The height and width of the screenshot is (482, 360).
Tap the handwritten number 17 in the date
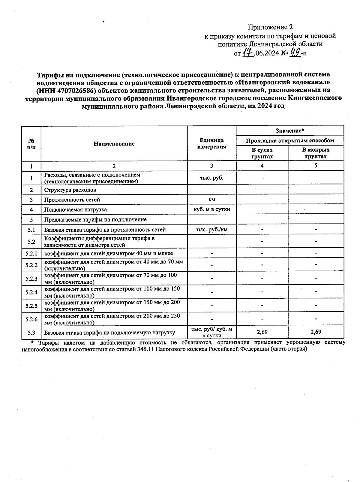pos(247,54)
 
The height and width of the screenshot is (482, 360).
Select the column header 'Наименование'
pos(114,144)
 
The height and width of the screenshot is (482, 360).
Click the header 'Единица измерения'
pos(211,143)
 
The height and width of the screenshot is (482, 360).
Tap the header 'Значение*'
pos(290,131)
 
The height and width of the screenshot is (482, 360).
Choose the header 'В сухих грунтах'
pos(262,153)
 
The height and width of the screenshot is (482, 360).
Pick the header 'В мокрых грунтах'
pos(316,153)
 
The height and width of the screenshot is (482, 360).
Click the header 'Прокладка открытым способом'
pos(290,140)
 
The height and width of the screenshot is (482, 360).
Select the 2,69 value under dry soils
pos(262,332)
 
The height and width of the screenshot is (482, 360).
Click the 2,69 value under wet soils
pos(316,332)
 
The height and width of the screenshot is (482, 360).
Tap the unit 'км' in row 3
pos(211,200)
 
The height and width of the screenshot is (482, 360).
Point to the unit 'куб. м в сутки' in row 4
pos(211,209)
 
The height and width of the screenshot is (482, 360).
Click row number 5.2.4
pos(31,292)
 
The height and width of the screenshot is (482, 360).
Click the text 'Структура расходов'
pos(70,190)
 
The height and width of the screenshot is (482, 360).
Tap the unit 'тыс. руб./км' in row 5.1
pos(211,230)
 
